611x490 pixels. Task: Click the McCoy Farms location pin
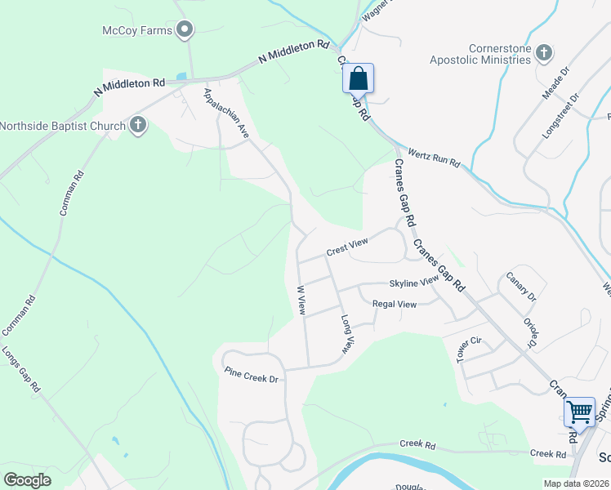coord(185,30)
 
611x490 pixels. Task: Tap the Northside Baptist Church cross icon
coord(138,125)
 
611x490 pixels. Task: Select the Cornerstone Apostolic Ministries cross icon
coord(544,53)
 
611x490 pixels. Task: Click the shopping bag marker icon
coord(359,79)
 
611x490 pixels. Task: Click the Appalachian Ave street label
coord(226,112)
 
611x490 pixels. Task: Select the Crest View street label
coord(347,245)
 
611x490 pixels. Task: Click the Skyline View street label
coord(414,283)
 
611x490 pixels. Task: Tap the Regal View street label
coord(395,305)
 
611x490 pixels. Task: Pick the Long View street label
coord(347,333)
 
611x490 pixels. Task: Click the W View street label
coord(301,301)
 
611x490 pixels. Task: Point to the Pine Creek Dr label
coord(252,375)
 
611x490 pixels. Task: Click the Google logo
coord(27,480)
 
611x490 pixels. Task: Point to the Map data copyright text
coord(575,483)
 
